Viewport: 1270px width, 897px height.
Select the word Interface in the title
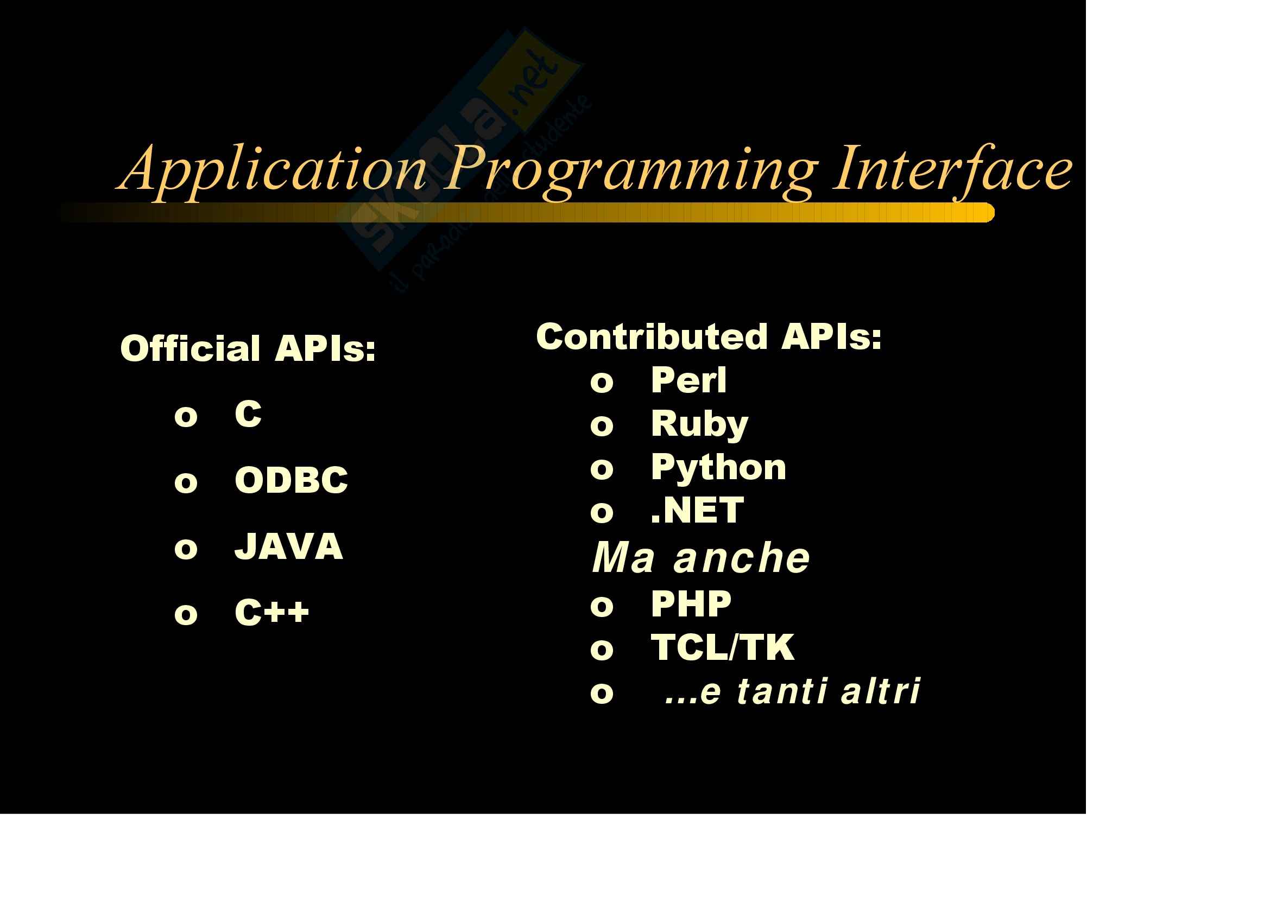(953, 170)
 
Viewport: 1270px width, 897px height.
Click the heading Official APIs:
(248, 349)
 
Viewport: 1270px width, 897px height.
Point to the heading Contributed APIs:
(709, 336)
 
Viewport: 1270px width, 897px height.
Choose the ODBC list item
(292, 480)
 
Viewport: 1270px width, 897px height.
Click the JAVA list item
(289, 546)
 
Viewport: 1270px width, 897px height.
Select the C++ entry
(271, 612)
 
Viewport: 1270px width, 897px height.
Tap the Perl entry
(688, 380)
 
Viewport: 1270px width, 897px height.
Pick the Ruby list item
(700, 424)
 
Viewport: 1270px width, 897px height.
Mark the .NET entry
(698, 510)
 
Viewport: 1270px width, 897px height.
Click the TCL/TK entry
(722, 647)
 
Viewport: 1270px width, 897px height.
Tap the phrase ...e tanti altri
(793, 691)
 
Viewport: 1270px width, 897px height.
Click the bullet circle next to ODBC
(186, 482)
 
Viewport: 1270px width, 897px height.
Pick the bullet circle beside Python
(602, 470)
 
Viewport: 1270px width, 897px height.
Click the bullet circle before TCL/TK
(602, 650)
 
